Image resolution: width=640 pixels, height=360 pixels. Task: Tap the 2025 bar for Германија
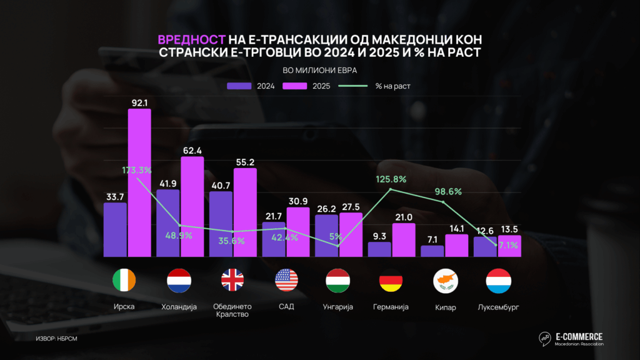(x=404, y=240)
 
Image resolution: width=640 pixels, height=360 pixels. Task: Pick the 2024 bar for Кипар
(x=432, y=251)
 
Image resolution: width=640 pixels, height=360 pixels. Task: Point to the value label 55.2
(x=244, y=162)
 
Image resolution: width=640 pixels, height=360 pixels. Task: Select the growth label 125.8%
(x=391, y=179)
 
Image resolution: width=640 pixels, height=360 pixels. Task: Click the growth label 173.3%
(x=137, y=169)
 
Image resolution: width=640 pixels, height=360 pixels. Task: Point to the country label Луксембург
(x=498, y=307)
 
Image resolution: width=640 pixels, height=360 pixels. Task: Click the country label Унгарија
(x=339, y=307)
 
